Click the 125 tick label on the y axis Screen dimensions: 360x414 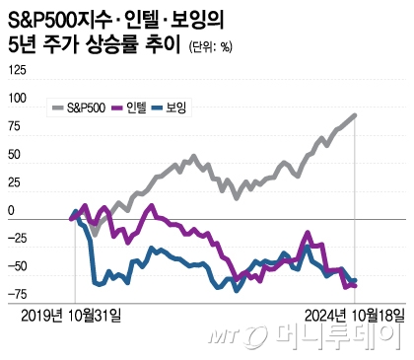click(17, 70)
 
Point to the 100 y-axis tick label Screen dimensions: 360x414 click(17, 99)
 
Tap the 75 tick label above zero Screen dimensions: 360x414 click(14, 126)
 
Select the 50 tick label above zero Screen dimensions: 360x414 click(14, 155)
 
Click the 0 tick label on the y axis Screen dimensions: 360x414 click(11, 211)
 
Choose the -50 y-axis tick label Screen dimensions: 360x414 click(17, 267)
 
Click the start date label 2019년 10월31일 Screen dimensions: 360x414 click(73, 315)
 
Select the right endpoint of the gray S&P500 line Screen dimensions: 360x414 click(355, 115)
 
